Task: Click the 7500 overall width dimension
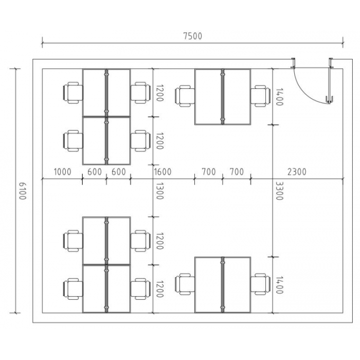(x=193, y=36)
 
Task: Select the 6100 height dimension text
(x=22, y=191)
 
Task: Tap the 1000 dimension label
(x=62, y=172)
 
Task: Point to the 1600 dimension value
(x=163, y=172)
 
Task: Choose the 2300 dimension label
(x=297, y=172)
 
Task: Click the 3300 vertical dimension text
(x=279, y=191)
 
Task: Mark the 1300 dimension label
(x=159, y=191)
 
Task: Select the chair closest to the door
(x=260, y=96)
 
